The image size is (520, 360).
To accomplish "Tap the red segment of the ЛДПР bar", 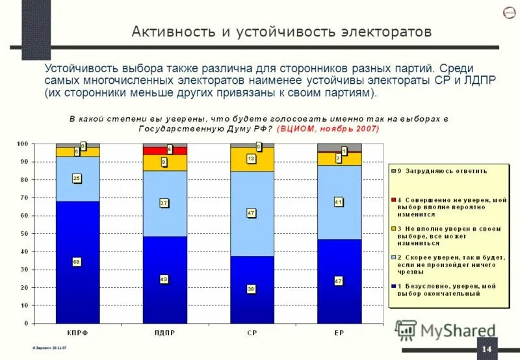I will click(164, 150).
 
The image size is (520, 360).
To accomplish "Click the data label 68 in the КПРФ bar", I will click(77, 262).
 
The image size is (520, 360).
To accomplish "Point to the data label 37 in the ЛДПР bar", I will click(164, 203).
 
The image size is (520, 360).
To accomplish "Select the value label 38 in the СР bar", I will click(251, 289).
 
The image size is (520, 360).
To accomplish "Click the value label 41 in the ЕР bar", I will click(338, 202).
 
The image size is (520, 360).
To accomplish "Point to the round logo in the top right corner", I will click(510, 14).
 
